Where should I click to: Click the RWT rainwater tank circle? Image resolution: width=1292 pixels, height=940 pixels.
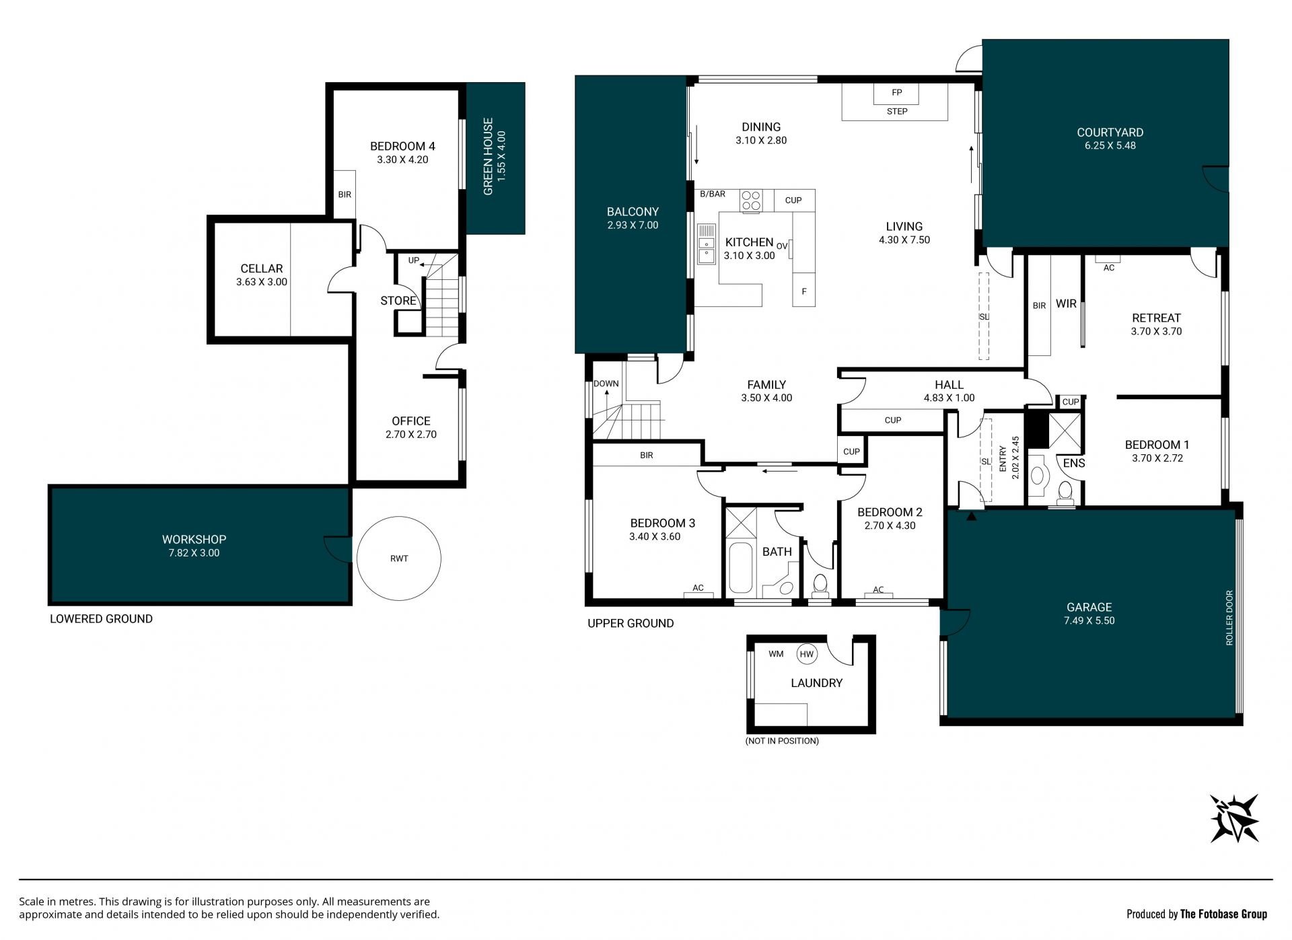398,517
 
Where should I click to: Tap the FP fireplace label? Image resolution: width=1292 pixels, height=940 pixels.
896,93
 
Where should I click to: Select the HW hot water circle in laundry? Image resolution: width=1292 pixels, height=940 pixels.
806,654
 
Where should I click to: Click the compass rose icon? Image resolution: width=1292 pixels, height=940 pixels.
1235,818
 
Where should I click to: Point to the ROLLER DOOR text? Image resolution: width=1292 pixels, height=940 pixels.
1229,618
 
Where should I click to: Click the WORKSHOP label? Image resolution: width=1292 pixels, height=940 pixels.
194,539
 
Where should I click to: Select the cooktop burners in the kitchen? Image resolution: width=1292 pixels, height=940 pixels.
751,201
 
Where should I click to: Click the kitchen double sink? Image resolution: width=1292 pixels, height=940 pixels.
706,244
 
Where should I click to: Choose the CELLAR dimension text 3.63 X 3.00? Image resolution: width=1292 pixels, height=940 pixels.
262,282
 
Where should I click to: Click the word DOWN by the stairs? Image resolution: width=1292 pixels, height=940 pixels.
606,384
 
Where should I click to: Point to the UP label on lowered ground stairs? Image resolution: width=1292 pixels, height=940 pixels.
414,260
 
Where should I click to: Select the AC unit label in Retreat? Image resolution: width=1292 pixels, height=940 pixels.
1109,268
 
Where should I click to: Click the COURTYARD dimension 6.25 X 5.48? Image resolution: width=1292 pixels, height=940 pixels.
1110,145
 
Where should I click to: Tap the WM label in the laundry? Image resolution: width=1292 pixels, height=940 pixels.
776,654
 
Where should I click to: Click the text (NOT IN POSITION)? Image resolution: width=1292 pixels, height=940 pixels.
782,741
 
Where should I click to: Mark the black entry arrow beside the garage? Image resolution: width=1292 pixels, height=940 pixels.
971,516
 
